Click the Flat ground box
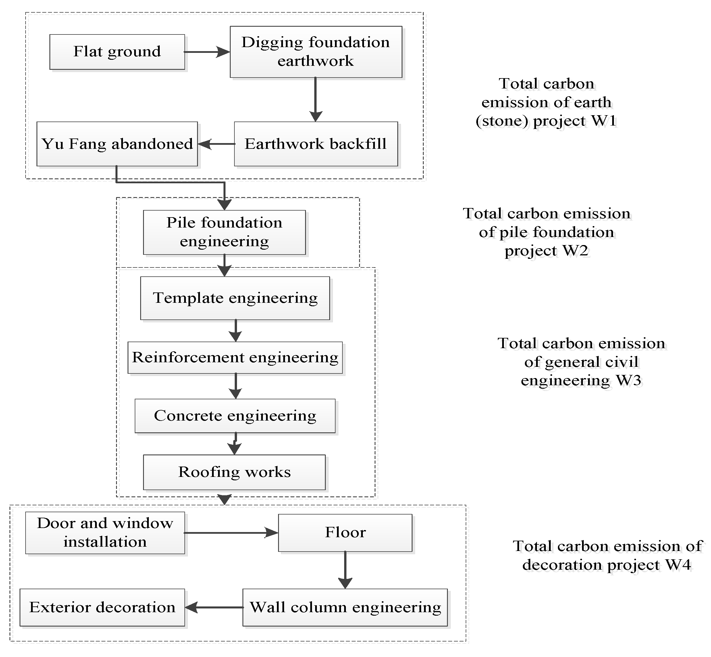click(x=117, y=52)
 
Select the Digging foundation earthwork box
click(x=316, y=52)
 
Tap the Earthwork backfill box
click(x=316, y=144)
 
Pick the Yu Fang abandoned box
click(x=117, y=144)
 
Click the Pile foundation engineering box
click(x=224, y=232)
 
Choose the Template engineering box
click(x=235, y=298)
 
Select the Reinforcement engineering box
click(x=235, y=357)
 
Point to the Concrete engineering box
click(x=235, y=416)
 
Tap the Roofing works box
click(x=234, y=472)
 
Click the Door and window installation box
click(x=105, y=533)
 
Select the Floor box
click(x=345, y=533)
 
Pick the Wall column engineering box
click(x=345, y=607)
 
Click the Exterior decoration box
click(x=102, y=607)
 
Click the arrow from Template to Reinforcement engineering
click(x=235, y=331)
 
